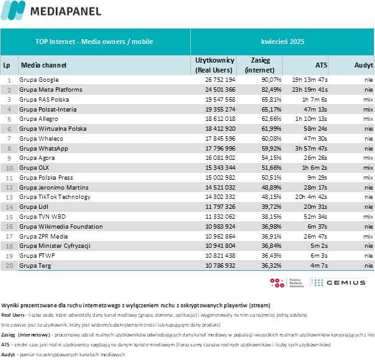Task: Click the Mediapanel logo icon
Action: coord(13,11)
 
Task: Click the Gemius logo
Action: coord(338,283)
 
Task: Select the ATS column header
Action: coord(321,65)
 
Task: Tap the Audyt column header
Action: coord(363,65)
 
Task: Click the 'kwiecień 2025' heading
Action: coord(283,42)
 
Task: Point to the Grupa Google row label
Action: coord(39,80)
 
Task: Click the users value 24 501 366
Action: coord(220,90)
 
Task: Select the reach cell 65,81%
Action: coord(271,99)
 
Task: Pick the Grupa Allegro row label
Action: coord(39,119)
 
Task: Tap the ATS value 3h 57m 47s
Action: coord(311,149)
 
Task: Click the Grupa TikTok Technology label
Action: coord(55,197)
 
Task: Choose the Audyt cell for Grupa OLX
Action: coord(368,168)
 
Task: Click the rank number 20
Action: coord(9,266)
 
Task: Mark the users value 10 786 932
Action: coord(220,266)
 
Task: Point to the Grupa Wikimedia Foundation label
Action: coord(61,227)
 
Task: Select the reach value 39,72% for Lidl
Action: coord(271,207)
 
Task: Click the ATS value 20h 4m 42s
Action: coord(311,197)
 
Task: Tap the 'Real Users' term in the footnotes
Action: coord(12,315)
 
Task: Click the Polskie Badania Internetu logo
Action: coord(287,283)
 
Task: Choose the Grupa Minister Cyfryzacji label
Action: coord(55,246)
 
